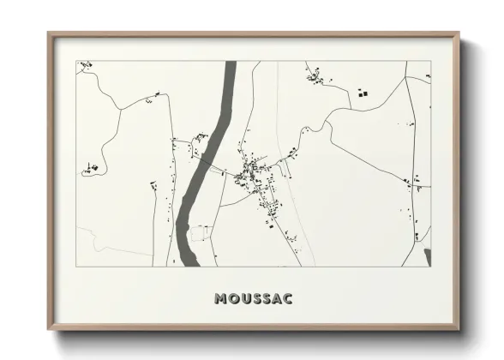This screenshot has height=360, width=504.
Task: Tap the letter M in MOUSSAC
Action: (x=223, y=299)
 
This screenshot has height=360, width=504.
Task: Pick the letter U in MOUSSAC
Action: (x=243, y=299)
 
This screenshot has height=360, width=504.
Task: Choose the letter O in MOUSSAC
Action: (x=233, y=299)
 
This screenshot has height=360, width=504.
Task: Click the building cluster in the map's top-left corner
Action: (x=84, y=66)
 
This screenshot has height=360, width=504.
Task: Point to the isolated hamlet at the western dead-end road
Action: (x=90, y=168)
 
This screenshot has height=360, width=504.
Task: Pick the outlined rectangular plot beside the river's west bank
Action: (x=200, y=232)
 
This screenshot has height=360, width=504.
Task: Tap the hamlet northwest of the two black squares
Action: (x=317, y=78)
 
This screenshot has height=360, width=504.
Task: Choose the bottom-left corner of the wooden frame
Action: (x=49, y=330)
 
